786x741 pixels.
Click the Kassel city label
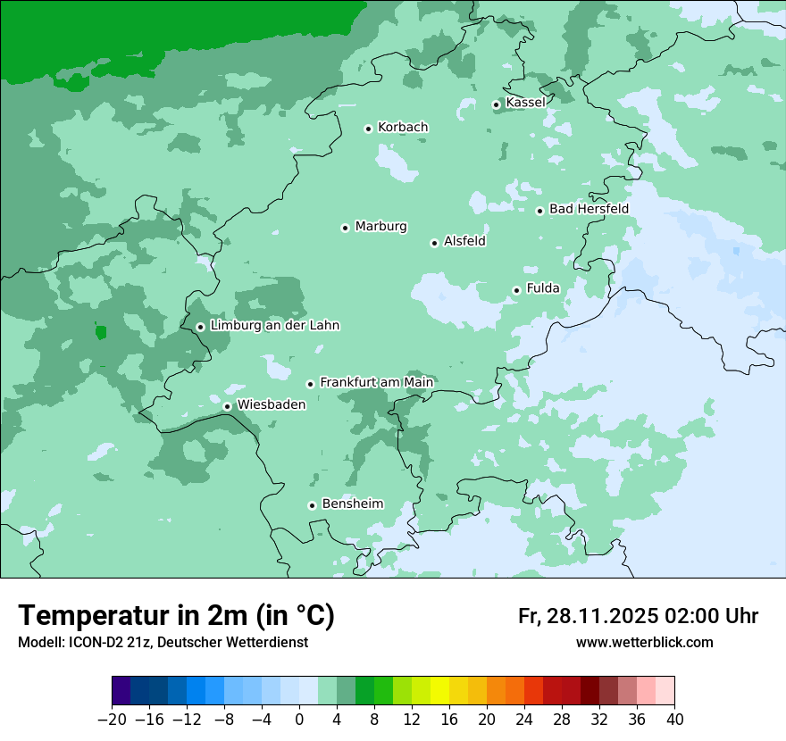pyautogui.click(x=525, y=103)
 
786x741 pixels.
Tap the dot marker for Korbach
pyautogui.click(x=368, y=129)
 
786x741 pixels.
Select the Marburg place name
pyautogui.click(x=380, y=227)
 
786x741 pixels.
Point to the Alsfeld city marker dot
pyautogui.click(x=435, y=243)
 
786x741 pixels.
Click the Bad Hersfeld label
pyautogui.click(x=589, y=209)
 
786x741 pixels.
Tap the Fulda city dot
pyautogui.click(x=517, y=290)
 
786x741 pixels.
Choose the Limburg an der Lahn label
pyautogui.click(x=274, y=326)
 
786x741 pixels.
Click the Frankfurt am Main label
pyautogui.click(x=376, y=382)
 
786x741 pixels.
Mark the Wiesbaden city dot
pyautogui.click(x=228, y=407)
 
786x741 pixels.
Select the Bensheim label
pyautogui.click(x=352, y=504)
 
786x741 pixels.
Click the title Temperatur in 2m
pyautogui.click(x=176, y=616)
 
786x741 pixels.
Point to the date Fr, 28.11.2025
pyautogui.click(x=588, y=616)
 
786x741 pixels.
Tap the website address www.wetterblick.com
pyautogui.click(x=644, y=643)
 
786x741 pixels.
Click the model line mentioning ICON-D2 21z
pyautogui.click(x=163, y=643)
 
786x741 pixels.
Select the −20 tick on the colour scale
pyautogui.click(x=112, y=720)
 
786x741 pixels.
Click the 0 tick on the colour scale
pyautogui.click(x=299, y=720)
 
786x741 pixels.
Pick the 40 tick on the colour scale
pyautogui.click(x=674, y=720)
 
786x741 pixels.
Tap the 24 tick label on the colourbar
pyautogui.click(x=524, y=720)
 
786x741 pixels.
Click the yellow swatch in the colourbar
pyautogui.click(x=439, y=691)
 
